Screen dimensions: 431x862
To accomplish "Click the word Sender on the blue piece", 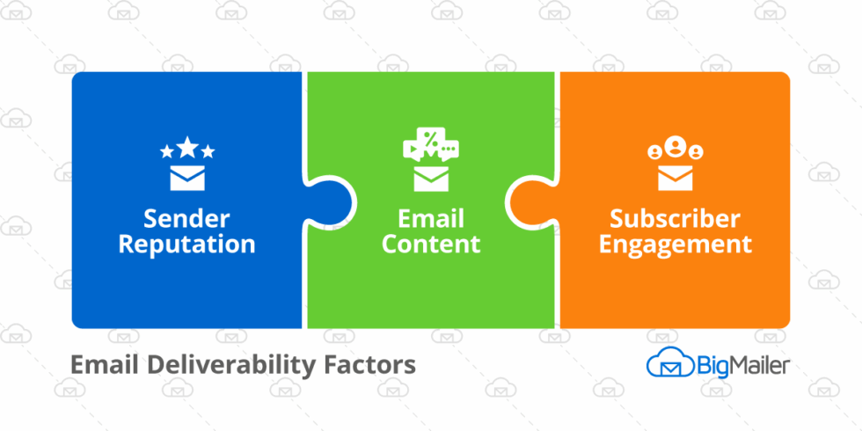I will [186, 217].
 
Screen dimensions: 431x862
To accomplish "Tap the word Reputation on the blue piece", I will [186, 244].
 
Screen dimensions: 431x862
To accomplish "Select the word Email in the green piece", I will [431, 217].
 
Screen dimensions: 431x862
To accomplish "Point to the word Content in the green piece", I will [431, 244].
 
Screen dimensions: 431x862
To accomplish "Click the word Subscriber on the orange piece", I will [676, 217].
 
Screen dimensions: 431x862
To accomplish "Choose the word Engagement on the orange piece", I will [676, 244].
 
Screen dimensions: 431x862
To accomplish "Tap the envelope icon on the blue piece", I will [187, 178].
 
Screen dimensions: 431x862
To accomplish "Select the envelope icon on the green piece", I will [431, 179].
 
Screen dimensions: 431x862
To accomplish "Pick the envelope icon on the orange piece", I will [676, 178].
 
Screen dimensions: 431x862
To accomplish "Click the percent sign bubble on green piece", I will [431, 140].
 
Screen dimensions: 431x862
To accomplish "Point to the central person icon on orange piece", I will [676, 144].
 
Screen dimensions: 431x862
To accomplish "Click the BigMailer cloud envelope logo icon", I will [665, 364].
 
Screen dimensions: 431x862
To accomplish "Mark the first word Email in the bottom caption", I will [99, 363].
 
